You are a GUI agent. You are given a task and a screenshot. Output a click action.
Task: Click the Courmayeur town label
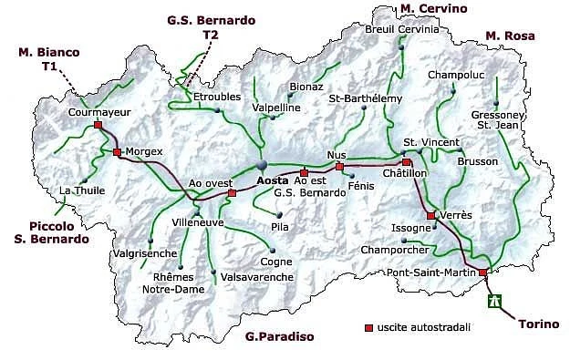(97, 112)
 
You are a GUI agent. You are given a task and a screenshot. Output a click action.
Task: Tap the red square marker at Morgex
(117, 152)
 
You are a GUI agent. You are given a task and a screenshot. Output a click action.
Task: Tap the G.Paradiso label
(279, 336)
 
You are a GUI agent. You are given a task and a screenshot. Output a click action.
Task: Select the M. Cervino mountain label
(434, 8)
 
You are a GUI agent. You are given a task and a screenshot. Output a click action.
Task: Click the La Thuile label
(78, 190)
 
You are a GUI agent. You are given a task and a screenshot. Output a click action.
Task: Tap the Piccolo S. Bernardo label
(59, 232)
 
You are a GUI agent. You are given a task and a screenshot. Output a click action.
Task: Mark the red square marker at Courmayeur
(98, 126)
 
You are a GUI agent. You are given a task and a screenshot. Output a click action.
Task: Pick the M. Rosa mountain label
(508, 36)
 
